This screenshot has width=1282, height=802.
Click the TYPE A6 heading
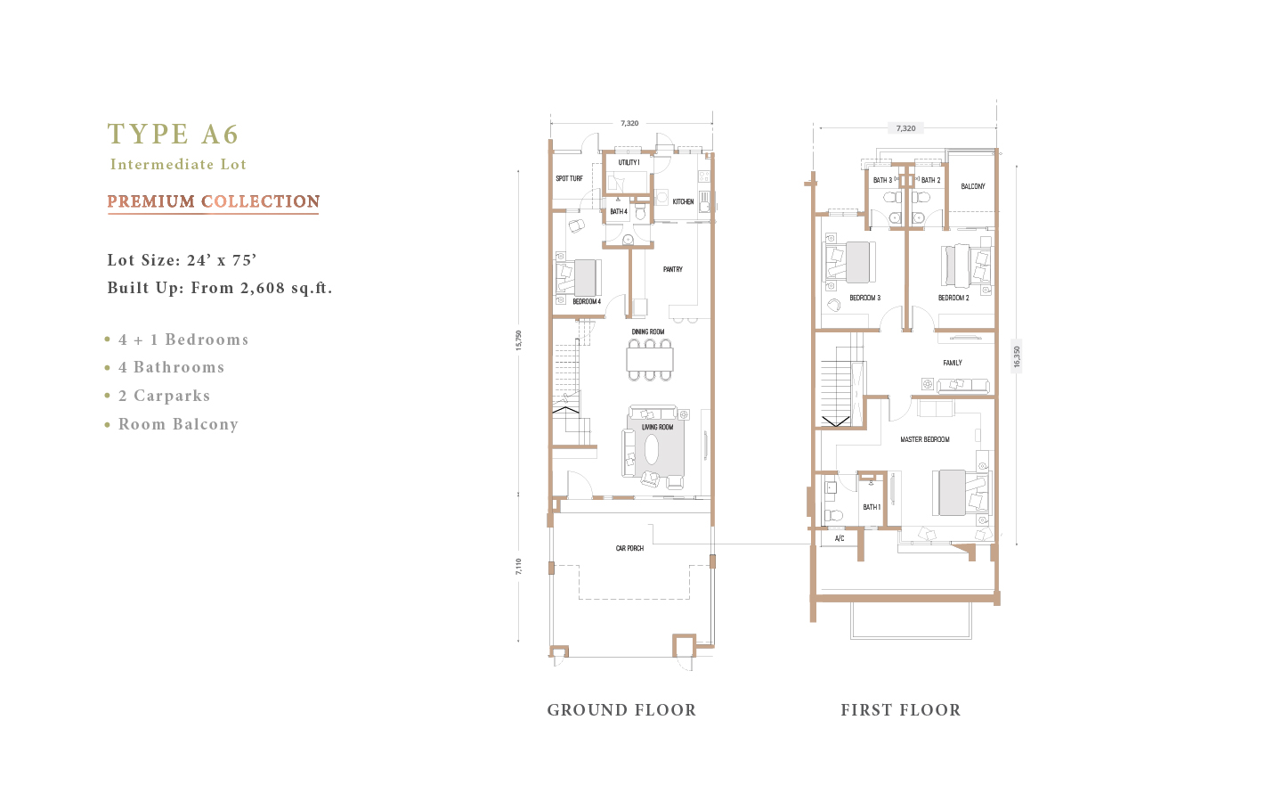coord(173,134)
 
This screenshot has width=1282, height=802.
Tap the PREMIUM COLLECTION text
coord(214,201)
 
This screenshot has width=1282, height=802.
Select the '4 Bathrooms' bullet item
coord(171,367)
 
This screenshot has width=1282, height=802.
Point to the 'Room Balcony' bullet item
coord(178,424)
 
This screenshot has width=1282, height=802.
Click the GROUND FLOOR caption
coord(621,710)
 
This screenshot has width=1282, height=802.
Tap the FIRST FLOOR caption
coord(901,710)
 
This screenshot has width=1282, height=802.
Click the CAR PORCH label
coord(629,548)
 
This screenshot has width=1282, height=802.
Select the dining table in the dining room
coord(650,360)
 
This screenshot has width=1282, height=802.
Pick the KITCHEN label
coord(684,201)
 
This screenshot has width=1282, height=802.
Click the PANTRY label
coord(673,269)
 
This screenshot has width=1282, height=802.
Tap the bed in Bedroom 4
coord(579,278)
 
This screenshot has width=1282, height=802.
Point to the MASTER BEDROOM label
coord(925,439)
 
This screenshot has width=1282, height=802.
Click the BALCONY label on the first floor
coord(973,186)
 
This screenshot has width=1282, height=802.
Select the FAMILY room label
coord(953,363)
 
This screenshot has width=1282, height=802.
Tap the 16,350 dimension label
coord(1017,356)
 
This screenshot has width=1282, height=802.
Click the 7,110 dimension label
coord(518,567)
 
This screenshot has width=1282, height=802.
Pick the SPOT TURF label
coord(569,179)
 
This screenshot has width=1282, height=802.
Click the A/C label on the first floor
coord(840,538)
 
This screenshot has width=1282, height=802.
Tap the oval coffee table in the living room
coord(652,450)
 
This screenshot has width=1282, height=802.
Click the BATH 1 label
coord(872,507)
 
